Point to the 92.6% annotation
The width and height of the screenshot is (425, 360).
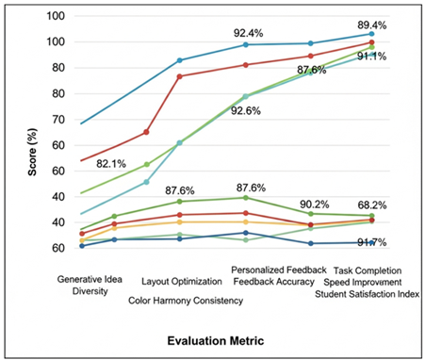coord(259,110)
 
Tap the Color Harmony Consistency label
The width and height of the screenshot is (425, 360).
coord(186,300)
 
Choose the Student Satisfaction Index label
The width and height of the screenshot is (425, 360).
coord(368,294)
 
